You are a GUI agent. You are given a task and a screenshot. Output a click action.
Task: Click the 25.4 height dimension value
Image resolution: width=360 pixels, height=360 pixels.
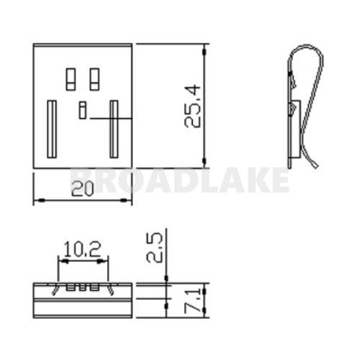coord(192,105)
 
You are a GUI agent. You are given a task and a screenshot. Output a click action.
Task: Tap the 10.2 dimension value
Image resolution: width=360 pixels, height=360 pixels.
coord(83,250)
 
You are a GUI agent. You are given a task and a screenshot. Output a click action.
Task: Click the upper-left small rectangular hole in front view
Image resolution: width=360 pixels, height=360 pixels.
coord(71,78)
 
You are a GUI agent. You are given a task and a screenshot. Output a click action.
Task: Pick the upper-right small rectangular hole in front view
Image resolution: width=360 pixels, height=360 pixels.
coord(94,78)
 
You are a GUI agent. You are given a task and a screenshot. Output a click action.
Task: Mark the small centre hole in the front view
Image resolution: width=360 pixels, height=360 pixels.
coord(82,110)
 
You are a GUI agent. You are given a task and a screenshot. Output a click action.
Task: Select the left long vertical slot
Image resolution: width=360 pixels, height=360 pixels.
coord(52,129)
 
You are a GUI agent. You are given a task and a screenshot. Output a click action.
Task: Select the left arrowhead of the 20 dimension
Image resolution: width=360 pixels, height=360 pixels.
coord(37,200)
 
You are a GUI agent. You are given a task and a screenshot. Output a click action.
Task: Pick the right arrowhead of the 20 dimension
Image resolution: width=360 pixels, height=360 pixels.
coord(130,200)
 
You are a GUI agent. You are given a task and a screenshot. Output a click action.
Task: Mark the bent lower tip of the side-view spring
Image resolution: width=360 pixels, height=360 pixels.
coord(318,166)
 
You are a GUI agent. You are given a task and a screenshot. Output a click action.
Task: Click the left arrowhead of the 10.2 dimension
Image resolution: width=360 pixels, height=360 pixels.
coord(60,262)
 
